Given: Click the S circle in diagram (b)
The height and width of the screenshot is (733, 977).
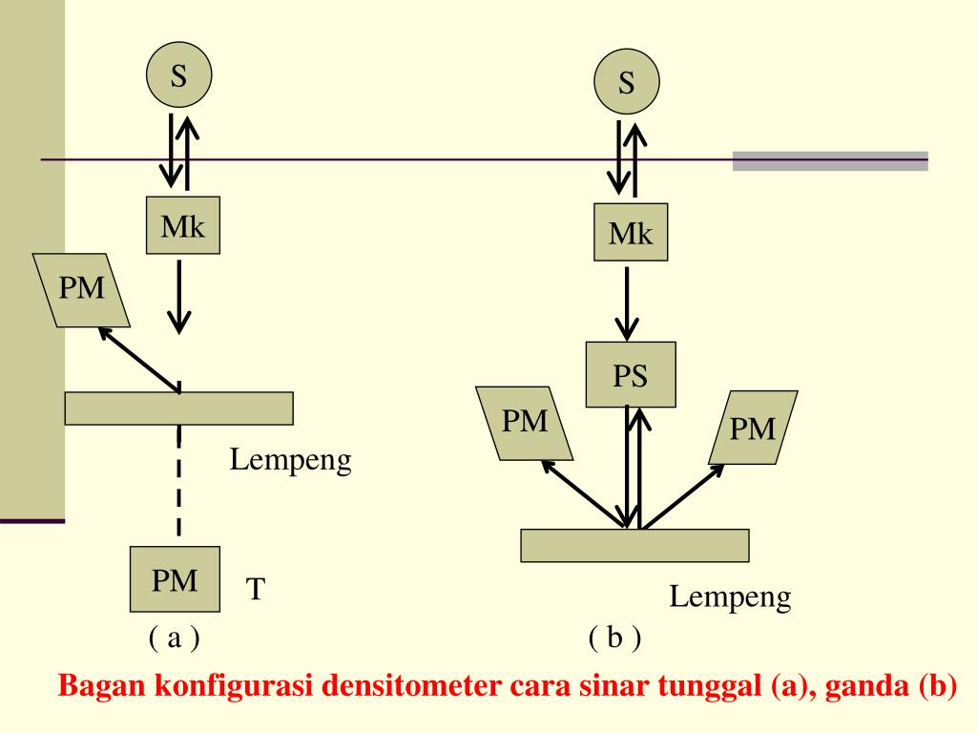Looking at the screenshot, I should (627, 83).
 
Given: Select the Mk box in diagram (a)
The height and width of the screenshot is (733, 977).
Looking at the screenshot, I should (182, 226).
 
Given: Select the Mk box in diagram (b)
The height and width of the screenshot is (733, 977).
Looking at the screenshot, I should (631, 232).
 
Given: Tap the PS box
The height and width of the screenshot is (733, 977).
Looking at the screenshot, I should (631, 375).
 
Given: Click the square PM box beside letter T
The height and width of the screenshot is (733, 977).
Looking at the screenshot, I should (176, 578).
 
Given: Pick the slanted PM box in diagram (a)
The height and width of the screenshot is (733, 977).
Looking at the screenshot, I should (81, 289).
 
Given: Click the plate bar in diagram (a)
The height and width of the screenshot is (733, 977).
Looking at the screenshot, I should (178, 408).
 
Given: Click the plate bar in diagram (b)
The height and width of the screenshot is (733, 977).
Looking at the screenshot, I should (634, 545).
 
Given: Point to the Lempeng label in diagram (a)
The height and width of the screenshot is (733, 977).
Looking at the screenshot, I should (291, 461).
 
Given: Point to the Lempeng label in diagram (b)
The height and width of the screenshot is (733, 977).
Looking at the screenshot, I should (730, 598).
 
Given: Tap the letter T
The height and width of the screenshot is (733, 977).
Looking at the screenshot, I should (255, 589).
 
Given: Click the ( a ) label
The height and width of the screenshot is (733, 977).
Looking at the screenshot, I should (174, 637).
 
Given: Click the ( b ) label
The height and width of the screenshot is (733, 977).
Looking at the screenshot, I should (614, 638).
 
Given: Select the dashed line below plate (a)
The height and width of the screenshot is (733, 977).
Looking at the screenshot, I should (178, 482).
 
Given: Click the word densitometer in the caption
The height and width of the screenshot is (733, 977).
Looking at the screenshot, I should (406, 687).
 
